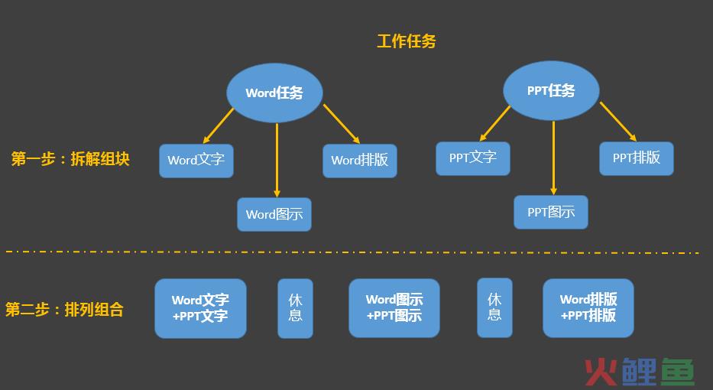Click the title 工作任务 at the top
coord(406,41)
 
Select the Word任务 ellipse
coord(274,93)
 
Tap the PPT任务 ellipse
coord(551,90)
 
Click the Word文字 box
coord(196,161)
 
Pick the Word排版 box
coord(360,161)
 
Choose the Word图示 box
coord(274,214)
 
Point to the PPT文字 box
coord(473,158)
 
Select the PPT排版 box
coord(636,158)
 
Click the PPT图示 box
coord(551,212)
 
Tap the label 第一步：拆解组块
coord(70,159)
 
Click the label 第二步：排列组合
coord(64,310)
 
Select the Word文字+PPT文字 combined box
coord(200,308)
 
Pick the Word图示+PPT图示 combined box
coord(394,308)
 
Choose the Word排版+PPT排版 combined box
coord(588,308)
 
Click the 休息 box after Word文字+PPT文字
coord(296,308)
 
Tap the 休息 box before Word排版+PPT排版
coord(494,307)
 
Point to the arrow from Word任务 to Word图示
coord(277,160)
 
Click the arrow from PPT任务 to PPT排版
coord(618,122)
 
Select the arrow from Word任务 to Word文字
coord(219,125)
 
